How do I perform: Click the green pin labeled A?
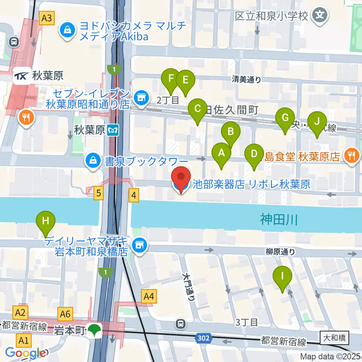pos(221,153)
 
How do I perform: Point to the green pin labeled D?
pos(254,154)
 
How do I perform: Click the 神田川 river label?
pos(279,219)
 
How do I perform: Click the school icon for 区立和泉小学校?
pos(320,15)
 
